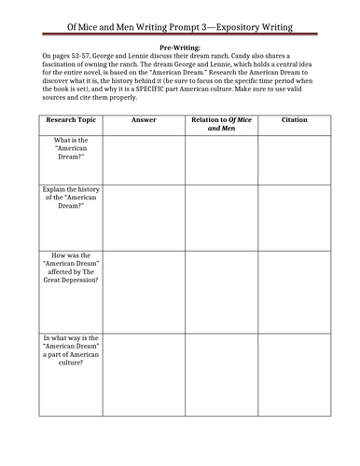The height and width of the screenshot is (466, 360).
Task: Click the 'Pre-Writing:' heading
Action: (x=180, y=45)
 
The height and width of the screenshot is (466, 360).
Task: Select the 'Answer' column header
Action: (x=145, y=120)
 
